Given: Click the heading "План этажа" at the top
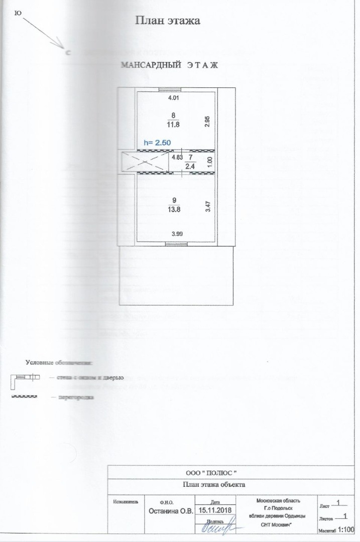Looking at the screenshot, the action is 168,21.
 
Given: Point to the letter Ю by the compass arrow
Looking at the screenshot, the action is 18,14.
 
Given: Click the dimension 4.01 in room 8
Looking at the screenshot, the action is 173,98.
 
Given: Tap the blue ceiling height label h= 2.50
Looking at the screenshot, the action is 157,143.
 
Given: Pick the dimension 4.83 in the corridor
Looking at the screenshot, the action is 176,157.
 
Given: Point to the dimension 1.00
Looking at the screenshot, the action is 210,162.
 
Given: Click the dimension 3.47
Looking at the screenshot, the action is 207,207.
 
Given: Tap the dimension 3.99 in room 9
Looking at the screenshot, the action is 177,234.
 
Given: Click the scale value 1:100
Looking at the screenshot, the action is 346,529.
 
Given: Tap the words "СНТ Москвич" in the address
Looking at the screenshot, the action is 278,525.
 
